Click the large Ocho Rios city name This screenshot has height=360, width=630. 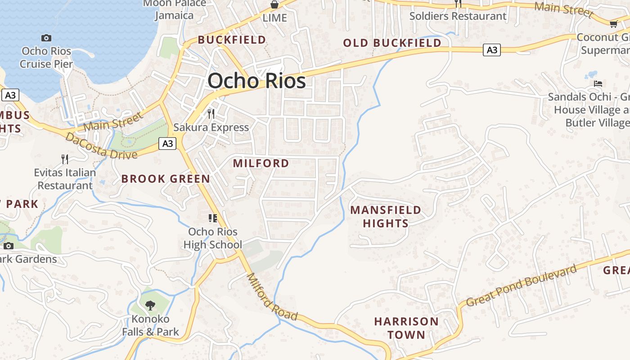tap(256, 81)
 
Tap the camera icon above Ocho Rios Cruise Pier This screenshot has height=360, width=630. tap(46, 38)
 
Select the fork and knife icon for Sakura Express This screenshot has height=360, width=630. tap(211, 113)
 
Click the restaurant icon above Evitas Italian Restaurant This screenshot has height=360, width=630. tap(65, 159)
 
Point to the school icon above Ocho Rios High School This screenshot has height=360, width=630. tap(213, 218)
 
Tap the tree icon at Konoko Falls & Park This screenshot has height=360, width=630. tap(150, 306)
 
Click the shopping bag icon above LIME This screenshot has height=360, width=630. tap(274, 5)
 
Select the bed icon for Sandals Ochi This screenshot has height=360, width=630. tap(598, 84)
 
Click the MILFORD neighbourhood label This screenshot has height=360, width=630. tap(261, 163)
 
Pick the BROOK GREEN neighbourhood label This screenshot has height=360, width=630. tap(166, 179)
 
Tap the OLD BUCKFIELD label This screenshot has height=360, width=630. tap(392, 43)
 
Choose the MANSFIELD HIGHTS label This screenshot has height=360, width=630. tap(386, 216)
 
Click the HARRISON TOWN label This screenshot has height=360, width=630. tap(406, 328)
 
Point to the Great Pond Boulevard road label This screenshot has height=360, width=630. tap(521, 286)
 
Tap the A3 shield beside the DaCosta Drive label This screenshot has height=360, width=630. tap(167, 144)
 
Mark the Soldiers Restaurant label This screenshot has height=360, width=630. tap(458, 16)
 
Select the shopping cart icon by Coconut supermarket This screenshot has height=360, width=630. tap(613, 24)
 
